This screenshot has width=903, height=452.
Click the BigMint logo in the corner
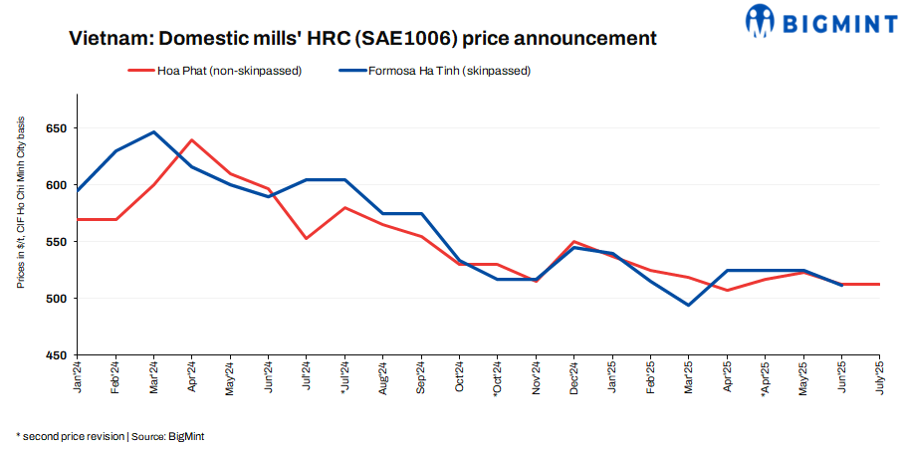[819, 20]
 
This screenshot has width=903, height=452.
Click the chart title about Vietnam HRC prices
[362, 39]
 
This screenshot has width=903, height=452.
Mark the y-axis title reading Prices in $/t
[20, 202]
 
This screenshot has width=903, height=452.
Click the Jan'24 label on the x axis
[78, 378]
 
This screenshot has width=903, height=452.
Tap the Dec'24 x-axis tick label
[574, 378]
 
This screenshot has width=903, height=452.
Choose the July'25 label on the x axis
[879, 379]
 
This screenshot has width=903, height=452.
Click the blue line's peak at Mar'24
[153, 131]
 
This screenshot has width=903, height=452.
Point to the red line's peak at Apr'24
[191, 140]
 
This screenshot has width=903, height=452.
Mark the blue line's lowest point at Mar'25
[688, 305]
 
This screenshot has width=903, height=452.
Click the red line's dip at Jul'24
[306, 238]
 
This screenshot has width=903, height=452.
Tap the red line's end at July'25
[879, 284]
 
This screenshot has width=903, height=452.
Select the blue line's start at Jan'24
[78, 190]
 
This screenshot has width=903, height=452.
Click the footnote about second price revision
[110, 436]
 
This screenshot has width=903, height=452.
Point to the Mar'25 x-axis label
[689, 378]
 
